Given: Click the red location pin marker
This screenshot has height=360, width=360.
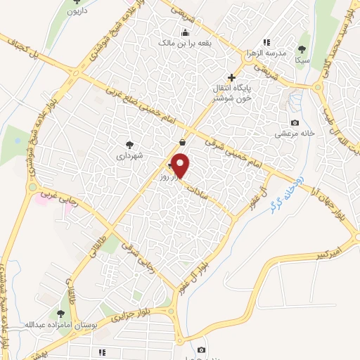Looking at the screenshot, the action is click(x=181, y=167).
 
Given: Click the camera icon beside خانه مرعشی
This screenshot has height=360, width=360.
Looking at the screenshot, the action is click(x=295, y=123).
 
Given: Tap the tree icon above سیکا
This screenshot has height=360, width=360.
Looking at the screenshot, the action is click(x=302, y=49).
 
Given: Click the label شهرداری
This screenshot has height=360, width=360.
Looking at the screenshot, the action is click(x=129, y=156).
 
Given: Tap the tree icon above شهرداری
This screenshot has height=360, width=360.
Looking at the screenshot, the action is click(x=129, y=144).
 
